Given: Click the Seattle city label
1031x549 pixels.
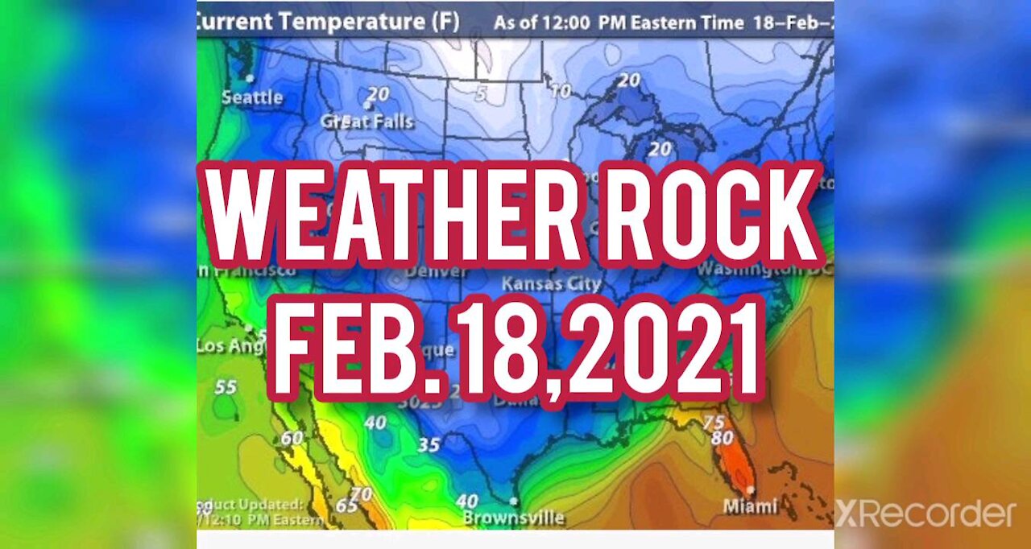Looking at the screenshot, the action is click(x=252, y=98).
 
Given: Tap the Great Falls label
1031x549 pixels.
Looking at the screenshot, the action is click(x=366, y=122).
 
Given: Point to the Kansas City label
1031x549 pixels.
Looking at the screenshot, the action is click(x=551, y=284).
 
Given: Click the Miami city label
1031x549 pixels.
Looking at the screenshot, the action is click(x=750, y=506).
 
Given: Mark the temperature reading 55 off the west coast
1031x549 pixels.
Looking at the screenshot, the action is click(x=226, y=387).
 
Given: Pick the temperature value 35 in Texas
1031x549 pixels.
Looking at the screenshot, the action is click(x=429, y=445).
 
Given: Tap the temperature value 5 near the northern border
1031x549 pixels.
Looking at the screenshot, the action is click(x=481, y=95).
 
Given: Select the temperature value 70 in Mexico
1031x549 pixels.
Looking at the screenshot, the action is click(x=362, y=493).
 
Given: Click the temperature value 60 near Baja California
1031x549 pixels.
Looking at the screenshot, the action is click(x=292, y=438).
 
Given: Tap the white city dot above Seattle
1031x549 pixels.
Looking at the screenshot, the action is click(x=250, y=79).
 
